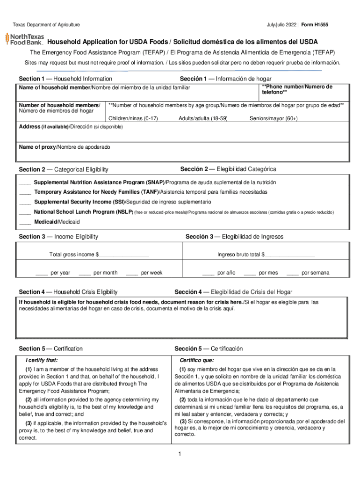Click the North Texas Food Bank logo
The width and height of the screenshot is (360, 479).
click(24, 38)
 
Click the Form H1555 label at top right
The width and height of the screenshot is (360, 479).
click(315, 24)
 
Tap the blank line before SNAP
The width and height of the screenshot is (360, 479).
click(25, 183)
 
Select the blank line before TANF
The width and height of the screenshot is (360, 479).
click(25, 193)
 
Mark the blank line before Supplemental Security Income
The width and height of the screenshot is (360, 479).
click(25, 203)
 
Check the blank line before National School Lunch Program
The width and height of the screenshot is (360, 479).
click(25, 212)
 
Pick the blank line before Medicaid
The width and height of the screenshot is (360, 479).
click(25, 222)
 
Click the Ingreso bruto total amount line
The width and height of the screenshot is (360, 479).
click(289, 255)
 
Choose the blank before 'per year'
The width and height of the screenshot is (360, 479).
click(41, 273)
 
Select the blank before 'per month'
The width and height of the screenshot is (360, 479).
click(85, 273)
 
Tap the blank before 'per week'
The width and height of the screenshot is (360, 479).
click(132, 273)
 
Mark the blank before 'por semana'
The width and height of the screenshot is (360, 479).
click(292, 273)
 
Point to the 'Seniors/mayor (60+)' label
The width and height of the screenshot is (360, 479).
click(274, 119)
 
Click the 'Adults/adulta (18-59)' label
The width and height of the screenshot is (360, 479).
click(203, 119)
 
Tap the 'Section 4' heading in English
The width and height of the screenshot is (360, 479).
click(68, 292)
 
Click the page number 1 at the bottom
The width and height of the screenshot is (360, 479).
click(179, 454)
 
